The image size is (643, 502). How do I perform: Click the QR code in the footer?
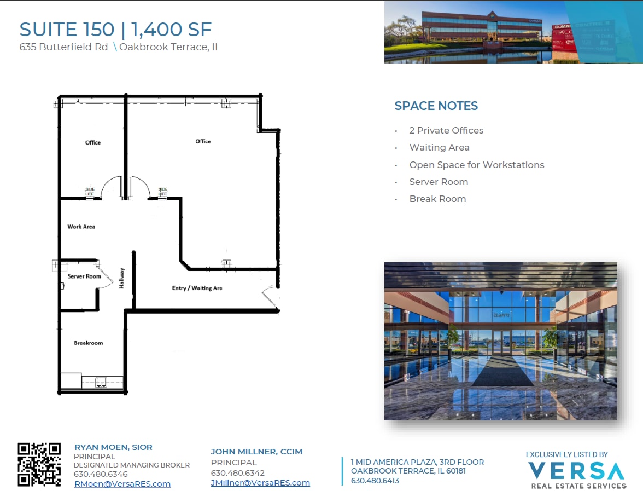pos(39,464)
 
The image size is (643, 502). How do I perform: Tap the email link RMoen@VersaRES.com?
pos(122,484)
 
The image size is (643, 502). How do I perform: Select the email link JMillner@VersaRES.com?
pos(260,483)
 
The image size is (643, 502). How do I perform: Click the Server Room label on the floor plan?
pos(84,276)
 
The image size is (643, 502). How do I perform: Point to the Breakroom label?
pos(88,343)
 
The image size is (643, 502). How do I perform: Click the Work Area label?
pos(81,227)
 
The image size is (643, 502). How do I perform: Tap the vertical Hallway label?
pos(122,278)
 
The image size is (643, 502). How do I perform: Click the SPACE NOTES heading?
pos(436,106)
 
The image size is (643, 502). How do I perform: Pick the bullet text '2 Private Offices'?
pos(446,130)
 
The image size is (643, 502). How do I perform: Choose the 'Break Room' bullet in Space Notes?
pos(437,199)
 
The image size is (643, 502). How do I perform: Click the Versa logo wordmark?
pos(576,471)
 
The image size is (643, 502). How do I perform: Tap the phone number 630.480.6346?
pos(100,474)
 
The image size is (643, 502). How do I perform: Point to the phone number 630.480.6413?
pos(375,481)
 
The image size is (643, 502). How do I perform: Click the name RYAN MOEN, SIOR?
pos(113,447)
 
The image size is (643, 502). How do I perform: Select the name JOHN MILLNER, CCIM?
pos(256,452)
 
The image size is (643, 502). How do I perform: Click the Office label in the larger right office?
pos(203,141)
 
